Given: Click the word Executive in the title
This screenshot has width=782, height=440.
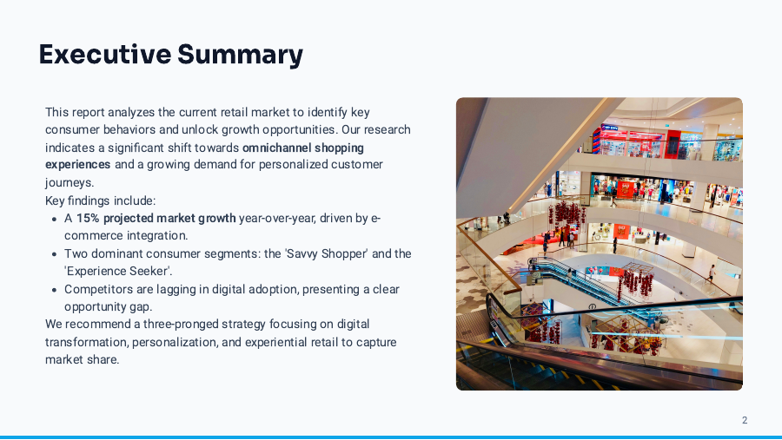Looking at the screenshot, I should pos(105,54).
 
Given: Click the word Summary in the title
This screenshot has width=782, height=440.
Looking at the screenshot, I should pos(241,54).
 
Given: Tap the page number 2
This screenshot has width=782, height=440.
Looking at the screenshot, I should pos(745,420).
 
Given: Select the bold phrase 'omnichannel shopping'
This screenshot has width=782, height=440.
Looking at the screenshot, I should pos(303,148).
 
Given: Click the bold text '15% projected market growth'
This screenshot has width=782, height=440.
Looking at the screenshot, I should pos(156,218).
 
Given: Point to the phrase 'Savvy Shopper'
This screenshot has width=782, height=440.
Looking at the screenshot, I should pos(329,253).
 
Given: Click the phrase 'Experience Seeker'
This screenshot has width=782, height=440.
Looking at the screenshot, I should pos(118,271).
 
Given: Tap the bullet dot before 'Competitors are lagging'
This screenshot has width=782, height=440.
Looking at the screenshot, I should pos(54,289).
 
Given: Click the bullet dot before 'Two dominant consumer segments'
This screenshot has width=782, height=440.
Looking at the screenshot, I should pos(54,253).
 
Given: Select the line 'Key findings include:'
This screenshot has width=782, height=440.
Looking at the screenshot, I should pos(101,200).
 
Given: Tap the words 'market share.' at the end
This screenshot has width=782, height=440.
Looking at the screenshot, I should pos(82,359).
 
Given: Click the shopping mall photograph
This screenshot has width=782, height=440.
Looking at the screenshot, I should pos(599,243).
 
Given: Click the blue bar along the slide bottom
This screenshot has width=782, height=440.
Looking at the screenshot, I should pos(391,437).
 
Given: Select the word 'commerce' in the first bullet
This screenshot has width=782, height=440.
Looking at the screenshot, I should pos(92,235).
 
